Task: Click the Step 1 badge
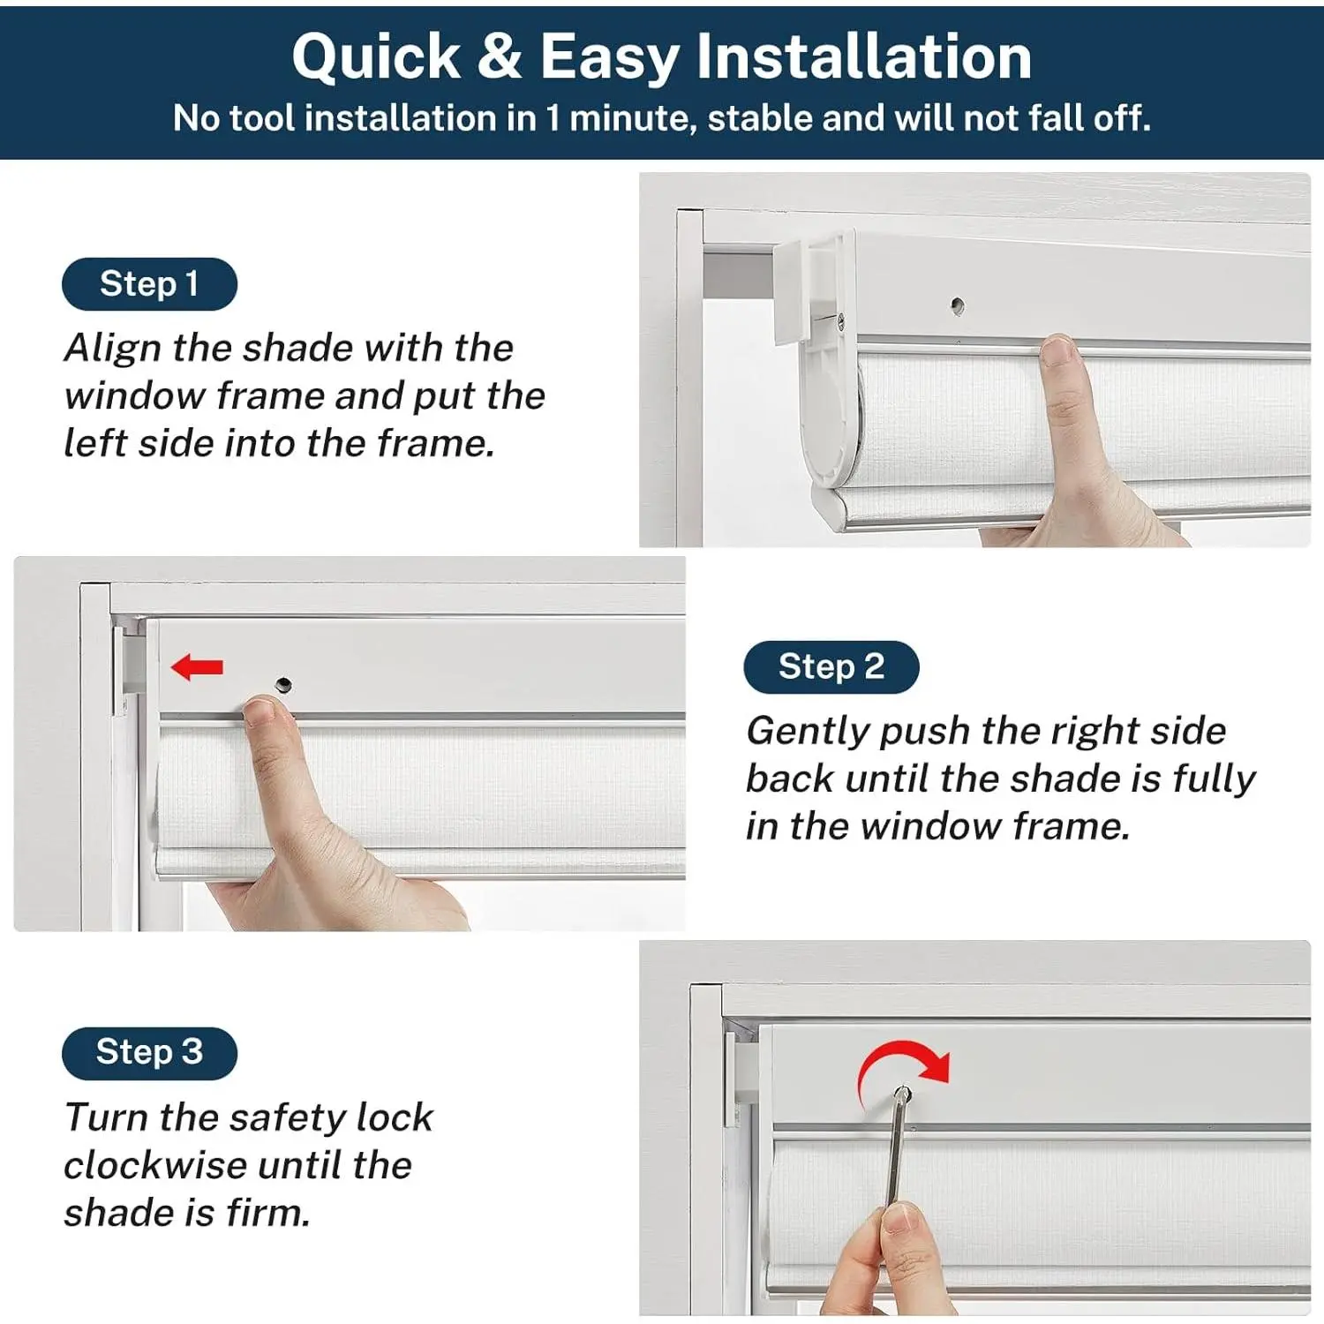(149, 284)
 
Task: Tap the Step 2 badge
(831, 667)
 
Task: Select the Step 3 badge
(149, 1053)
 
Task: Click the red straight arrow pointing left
(197, 667)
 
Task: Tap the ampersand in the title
(500, 56)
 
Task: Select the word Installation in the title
(864, 56)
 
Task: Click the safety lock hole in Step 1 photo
(958, 306)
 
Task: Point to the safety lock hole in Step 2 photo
(283, 684)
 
